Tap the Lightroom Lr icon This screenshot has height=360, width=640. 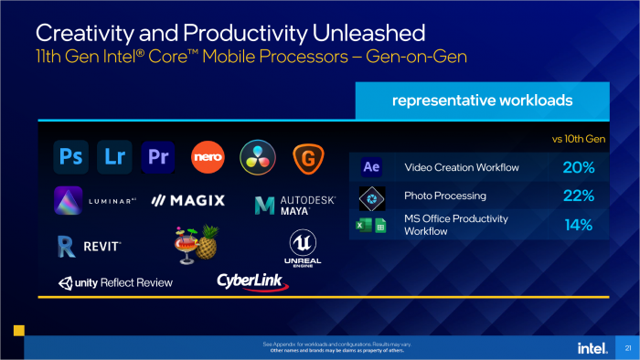[114, 157]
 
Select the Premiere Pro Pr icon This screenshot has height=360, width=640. [160, 157]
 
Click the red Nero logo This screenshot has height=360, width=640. [208, 157]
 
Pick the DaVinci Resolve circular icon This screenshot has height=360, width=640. [257, 157]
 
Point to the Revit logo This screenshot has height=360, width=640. [88, 245]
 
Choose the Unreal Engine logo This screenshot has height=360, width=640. [303, 246]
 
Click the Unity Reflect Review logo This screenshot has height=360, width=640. [115, 282]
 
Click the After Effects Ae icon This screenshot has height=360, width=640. [370, 167]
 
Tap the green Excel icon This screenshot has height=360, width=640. [362, 225]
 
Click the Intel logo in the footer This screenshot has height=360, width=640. [590, 347]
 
